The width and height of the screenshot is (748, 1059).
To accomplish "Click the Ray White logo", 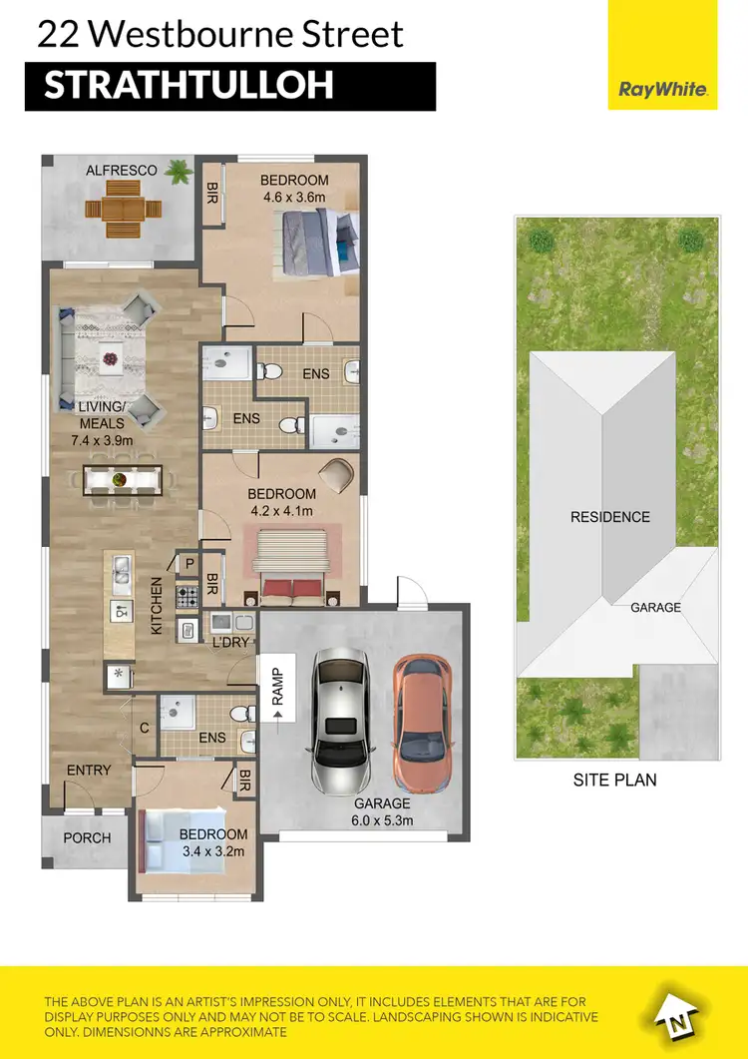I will point(663,89).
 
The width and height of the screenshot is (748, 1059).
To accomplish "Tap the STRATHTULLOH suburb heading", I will point(188,86).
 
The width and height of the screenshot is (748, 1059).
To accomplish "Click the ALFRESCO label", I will point(121,171).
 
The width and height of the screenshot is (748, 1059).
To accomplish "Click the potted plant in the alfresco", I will point(180,172).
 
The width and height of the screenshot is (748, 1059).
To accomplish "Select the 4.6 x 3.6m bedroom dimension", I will point(294,197).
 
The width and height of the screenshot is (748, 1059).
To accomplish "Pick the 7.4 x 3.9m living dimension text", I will point(104,439).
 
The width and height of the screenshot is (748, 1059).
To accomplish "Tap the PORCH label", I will point(87,837).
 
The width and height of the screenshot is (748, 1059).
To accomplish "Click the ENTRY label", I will point(89,770).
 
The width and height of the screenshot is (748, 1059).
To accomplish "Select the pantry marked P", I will point(188,564).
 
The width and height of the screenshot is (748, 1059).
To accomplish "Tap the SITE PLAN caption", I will point(614,780).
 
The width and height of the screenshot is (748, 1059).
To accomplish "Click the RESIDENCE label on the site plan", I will point(609,517).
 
